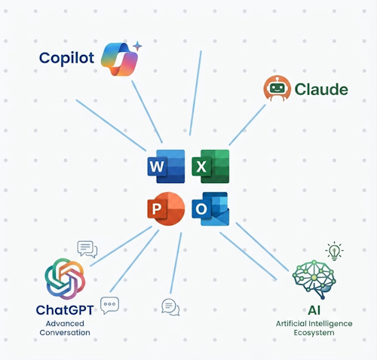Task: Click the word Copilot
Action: [66, 58]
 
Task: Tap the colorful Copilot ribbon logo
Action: [120, 59]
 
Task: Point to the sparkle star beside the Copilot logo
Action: [137, 46]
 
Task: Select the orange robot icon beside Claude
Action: [277, 88]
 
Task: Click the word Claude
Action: [321, 90]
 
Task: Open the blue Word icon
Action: [166, 166]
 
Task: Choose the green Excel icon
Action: [210, 166]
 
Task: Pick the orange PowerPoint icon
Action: [166, 209]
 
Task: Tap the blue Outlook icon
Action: [210, 209]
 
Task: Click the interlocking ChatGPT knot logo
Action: [65, 279]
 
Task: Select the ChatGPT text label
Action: [65, 310]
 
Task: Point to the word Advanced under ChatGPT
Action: [65, 324]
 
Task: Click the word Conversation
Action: [65, 333]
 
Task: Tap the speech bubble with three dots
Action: [109, 305]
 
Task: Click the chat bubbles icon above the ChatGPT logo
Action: [87, 249]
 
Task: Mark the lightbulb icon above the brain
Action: [334, 251]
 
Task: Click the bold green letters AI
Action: [314, 310]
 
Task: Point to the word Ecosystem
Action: [314, 333]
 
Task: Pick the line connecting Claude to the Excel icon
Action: [247, 125]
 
